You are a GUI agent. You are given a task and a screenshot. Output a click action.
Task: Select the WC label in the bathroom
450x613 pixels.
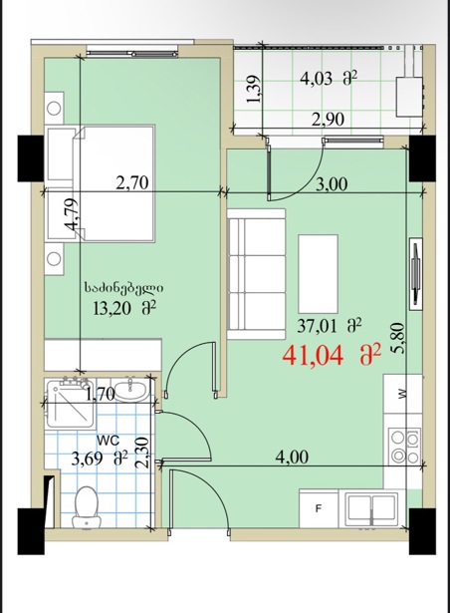[108, 441]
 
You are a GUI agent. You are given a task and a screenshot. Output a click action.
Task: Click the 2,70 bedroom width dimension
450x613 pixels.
[132, 182]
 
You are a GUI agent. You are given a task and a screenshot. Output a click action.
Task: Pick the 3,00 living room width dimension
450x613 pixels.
[332, 183]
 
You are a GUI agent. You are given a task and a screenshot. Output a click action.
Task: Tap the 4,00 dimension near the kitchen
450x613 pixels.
[292, 458]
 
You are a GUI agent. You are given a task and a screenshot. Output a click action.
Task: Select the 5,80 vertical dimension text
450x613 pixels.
[397, 338]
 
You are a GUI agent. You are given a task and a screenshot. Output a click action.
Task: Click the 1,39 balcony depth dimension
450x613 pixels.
[254, 89]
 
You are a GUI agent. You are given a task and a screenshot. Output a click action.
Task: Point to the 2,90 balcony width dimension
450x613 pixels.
[329, 120]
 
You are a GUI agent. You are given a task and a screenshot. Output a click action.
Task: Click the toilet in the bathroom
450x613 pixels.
[87, 506]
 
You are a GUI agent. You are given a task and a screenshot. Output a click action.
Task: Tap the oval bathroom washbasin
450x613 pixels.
[131, 390]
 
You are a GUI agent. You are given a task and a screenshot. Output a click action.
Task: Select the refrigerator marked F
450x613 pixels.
[319, 508]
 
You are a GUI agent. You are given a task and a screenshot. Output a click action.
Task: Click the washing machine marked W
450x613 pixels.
[402, 394]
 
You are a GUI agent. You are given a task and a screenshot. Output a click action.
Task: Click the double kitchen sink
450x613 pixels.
[372, 507]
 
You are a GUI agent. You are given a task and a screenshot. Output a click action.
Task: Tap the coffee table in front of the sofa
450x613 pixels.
[318, 274]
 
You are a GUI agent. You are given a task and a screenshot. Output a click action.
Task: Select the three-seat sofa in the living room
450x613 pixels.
[256, 274]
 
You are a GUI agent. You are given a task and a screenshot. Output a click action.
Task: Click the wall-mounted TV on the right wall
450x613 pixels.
[415, 274]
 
